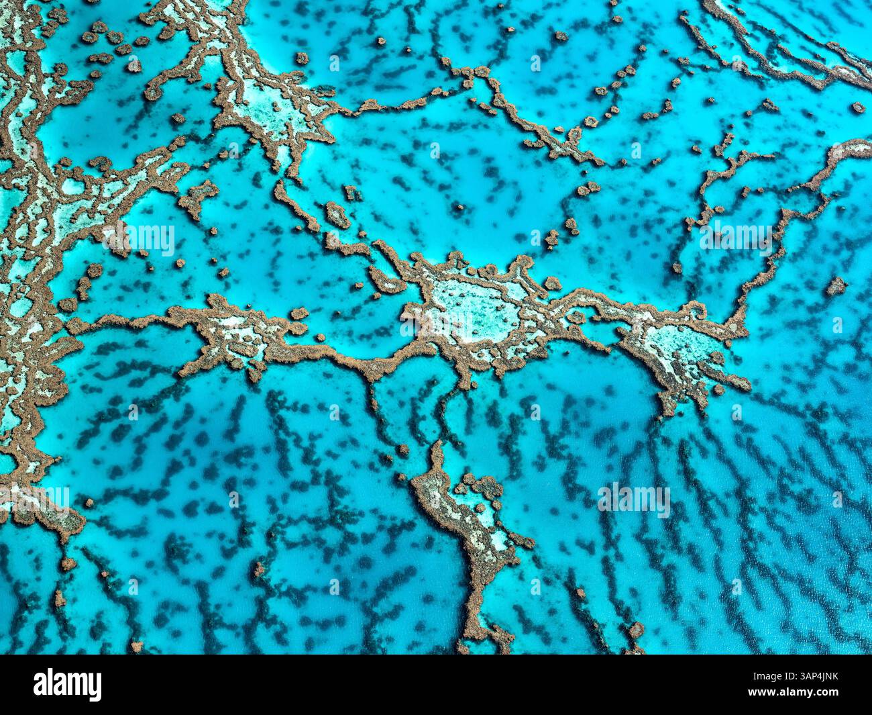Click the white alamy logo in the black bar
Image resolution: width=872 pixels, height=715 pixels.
pyautogui.click(x=68, y=684)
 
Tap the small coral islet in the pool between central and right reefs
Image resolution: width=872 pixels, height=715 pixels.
pyautogui.click(x=577, y=316)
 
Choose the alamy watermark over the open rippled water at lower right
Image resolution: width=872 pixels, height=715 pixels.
pyautogui.click(x=634, y=498)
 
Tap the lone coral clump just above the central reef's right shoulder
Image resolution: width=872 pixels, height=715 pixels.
pyautogui.click(x=552, y=283)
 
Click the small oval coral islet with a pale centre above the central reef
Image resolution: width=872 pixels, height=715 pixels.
pyautogui.click(x=337, y=216)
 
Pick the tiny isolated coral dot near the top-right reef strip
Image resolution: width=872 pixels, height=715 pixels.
pyautogui.click(x=857, y=107)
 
